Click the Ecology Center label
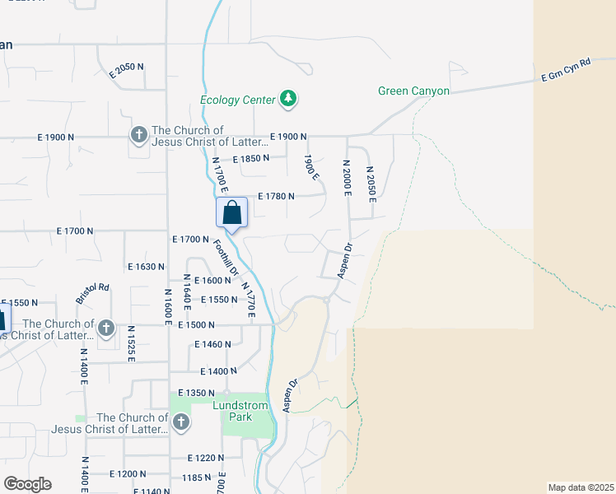[237, 100]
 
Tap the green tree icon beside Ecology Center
[288, 100]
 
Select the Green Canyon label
[413, 91]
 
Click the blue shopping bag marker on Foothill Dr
[231, 212]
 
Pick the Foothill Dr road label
[225, 259]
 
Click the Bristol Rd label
[92, 292]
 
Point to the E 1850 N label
[250, 159]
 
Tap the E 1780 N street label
[276, 196]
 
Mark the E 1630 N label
[147, 267]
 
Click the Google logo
[26, 484]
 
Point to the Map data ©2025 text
[580, 487]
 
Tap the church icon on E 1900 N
[138, 135]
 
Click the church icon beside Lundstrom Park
[180, 423]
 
